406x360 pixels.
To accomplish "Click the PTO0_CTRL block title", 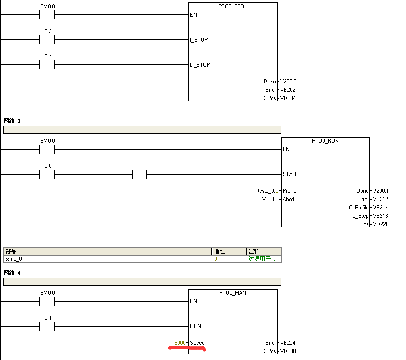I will tap(233, 6).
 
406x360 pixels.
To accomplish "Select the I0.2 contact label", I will tap(47, 31).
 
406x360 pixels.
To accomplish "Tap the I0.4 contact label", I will tap(47, 56).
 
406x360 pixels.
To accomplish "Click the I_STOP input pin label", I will tap(199, 40).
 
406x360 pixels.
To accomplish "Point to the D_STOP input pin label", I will tap(200, 65).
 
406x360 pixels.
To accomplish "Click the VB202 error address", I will tap(288, 90).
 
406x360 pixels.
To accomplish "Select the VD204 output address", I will tap(288, 98).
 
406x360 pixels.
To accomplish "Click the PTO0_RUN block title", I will tap(325, 141).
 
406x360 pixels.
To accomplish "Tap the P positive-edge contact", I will tap(140, 174).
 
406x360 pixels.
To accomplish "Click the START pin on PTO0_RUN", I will tap(291, 174).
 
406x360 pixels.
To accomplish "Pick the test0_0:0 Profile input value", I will tap(267, 191).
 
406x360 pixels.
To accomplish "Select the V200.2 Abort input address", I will tap(271, 199).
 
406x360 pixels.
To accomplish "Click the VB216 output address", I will tap(381, 216).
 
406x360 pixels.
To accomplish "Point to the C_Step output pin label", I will tap(360, 216).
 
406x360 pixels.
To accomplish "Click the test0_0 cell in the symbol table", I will tap(14, 259).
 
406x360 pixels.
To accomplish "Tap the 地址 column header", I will tap(219, 251).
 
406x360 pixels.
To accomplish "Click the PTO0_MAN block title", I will tap(233, 293).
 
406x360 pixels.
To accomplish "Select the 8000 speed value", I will tap(180, 343).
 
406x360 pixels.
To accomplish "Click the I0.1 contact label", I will tap(47, 317).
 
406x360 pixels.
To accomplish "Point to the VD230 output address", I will tap(288, 351).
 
